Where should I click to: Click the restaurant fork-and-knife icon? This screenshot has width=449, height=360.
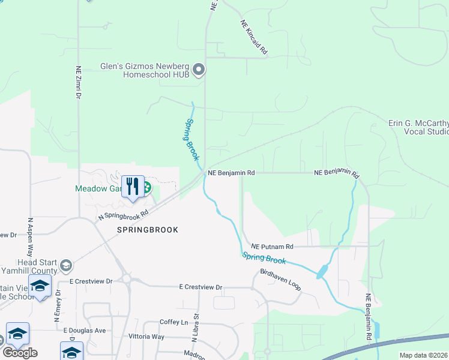[x=133, y=187]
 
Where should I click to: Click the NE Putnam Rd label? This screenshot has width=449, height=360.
[x=272, y=247]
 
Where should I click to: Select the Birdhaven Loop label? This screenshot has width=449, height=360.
[x=280, y=281]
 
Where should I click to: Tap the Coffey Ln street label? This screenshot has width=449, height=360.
[x=174, y=322]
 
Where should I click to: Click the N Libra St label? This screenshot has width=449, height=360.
[x=195, y=328]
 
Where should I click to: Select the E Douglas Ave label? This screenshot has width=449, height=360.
[x=84, y=330]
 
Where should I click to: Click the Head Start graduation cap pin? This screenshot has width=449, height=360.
[x=66, y=266]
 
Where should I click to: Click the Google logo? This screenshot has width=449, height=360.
[x=20, y=352]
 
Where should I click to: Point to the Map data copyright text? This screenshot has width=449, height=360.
[x=423, y=355]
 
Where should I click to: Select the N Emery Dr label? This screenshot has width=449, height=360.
[x=58, y=305]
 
